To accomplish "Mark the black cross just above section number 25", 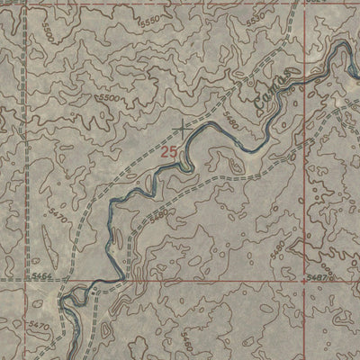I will (x=183, y=129).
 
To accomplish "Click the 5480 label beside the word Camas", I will (x=236, y=117).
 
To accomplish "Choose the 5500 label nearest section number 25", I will (x=110, y=97).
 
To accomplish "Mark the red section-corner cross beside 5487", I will (x=304, y=280).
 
